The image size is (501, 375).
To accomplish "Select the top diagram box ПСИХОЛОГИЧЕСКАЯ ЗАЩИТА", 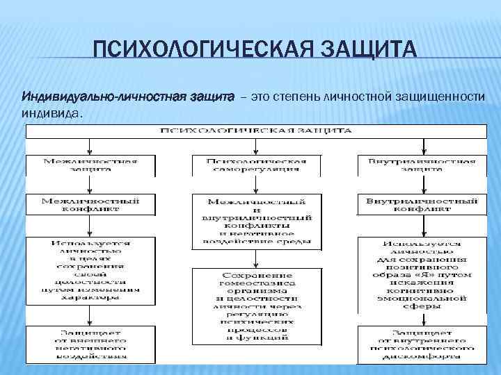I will click(x=257, y=130).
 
